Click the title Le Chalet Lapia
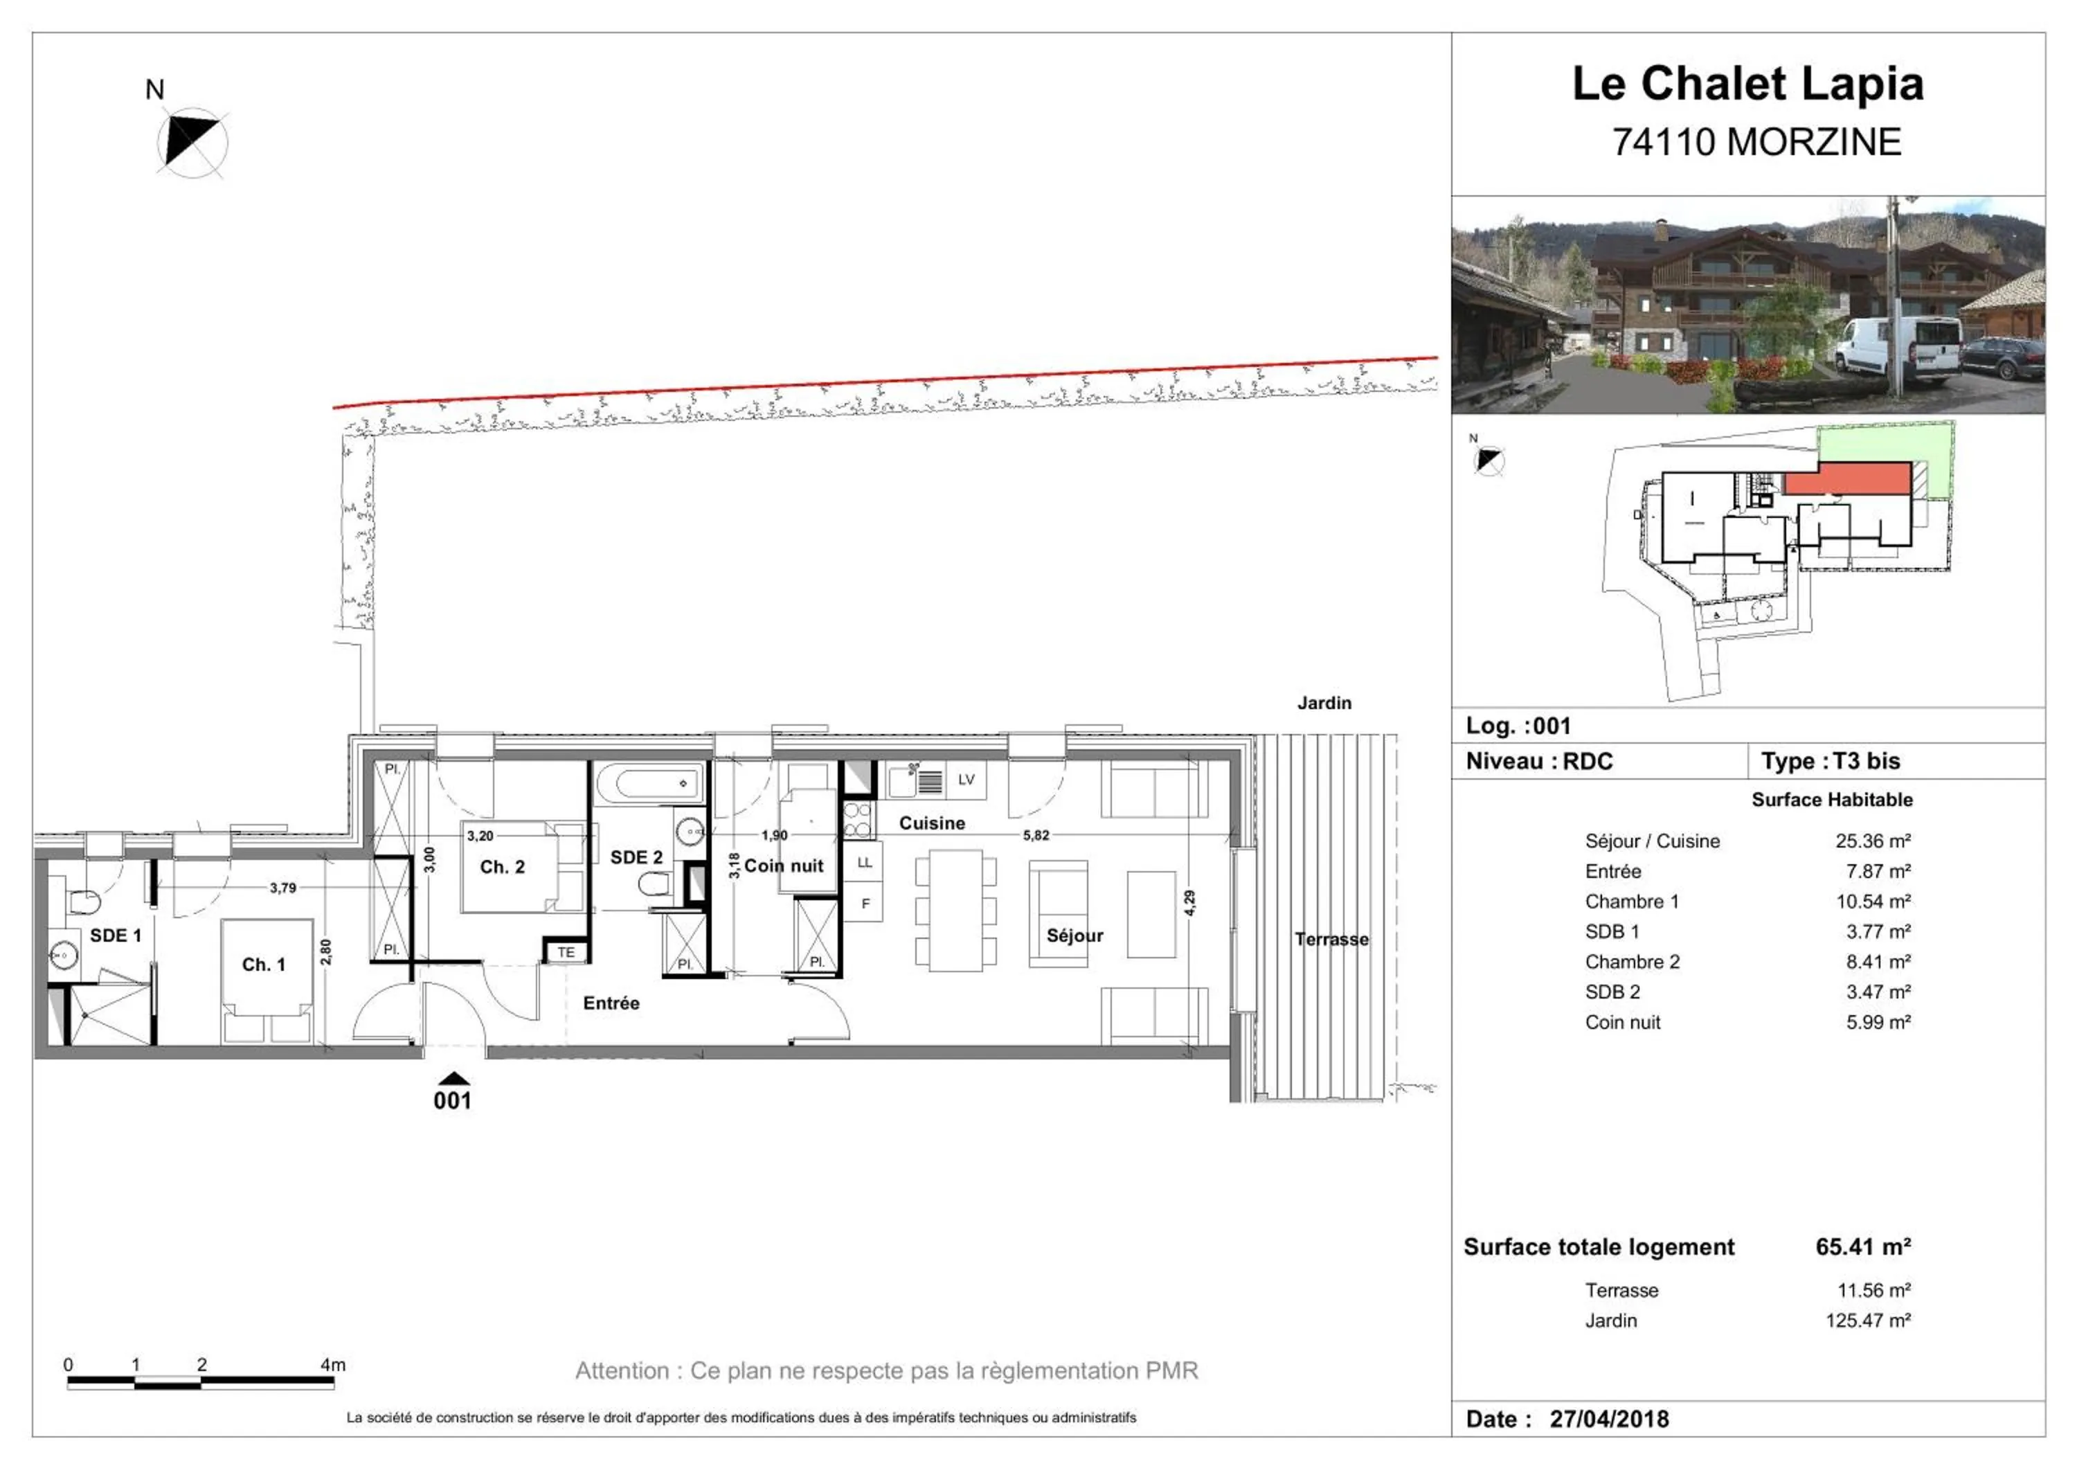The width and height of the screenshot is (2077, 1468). coord(1747,83)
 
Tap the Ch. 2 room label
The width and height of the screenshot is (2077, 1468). coord(502,866)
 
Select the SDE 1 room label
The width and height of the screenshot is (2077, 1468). coord(115,936)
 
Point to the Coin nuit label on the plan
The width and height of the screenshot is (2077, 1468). coord(784,866)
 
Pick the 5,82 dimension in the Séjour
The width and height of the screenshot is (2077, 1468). coord(1036,835)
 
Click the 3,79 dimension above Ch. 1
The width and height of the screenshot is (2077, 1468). coord(282,888)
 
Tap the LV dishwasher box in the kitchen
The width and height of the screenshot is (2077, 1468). coord(965,780)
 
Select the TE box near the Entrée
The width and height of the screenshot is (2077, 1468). coord(566,952)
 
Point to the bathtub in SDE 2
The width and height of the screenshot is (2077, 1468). coord(649,783)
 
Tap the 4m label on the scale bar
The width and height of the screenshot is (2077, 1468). coord(332,1365)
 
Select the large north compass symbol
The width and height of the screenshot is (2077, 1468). coord(192,143)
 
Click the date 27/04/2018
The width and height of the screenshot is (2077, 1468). coord(1608,1418)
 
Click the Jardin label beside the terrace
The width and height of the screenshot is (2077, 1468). coord(1324,703)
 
